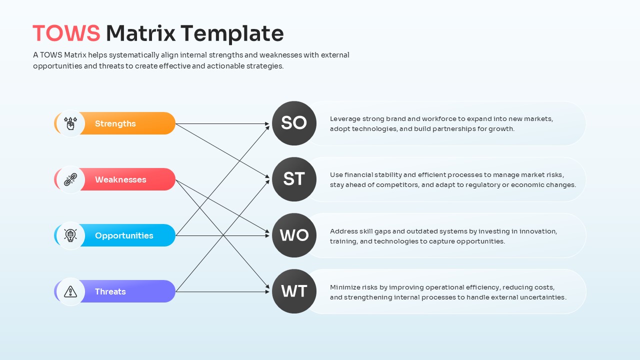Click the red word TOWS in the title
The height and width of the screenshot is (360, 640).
(x=66, y=33)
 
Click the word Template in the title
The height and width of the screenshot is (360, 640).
(x=232, y=33)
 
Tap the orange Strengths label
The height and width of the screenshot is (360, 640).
(x=115, y=123)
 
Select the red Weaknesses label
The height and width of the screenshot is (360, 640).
(x=120, y=179)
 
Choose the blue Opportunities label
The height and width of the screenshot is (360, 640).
(x=124, y=235)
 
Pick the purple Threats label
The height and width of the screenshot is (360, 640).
(x=110, y=291)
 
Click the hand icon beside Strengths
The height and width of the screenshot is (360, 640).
(x=70, y=123)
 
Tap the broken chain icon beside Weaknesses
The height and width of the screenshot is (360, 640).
(x=70, y=179)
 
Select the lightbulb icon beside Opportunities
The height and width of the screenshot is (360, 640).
(x=70, y=235)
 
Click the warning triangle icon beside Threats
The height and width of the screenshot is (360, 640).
(x=70, y=291)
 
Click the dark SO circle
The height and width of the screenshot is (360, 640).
(x=294, y=123)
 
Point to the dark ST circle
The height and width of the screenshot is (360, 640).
(x=294, y=179)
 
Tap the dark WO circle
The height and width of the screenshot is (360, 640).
(x=294, y=235)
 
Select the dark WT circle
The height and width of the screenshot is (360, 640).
(x=294, y=291)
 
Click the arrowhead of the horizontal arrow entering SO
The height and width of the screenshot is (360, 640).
(x=267, y=123)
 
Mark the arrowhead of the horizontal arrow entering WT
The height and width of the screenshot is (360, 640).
(x=267, y=291)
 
